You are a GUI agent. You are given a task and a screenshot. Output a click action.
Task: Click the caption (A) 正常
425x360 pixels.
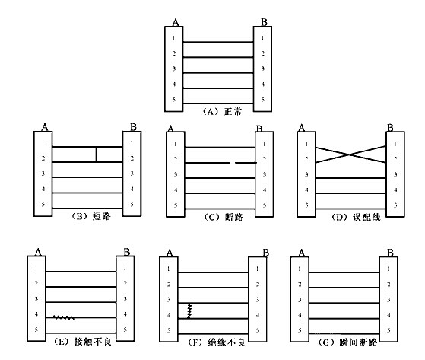222,111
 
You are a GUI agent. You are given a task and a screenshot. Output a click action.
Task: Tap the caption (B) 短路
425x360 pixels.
91,216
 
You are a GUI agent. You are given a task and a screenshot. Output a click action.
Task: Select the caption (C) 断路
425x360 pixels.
224,217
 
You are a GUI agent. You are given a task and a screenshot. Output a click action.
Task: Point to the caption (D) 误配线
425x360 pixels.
356,217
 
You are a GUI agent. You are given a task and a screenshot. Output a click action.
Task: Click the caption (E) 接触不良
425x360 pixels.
81,342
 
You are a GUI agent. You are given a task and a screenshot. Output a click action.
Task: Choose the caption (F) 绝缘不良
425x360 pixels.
217,342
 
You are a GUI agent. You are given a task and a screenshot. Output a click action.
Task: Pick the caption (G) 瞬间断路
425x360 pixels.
347,342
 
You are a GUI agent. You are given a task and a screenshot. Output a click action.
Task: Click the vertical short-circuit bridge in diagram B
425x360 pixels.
96,155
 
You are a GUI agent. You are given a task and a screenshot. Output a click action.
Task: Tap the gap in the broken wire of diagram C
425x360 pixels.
233,163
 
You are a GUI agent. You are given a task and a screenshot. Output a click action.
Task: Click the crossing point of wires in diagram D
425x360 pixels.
350,155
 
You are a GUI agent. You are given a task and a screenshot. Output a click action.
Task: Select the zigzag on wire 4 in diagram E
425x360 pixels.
63,317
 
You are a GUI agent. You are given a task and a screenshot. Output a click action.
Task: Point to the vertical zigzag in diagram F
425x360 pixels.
189,311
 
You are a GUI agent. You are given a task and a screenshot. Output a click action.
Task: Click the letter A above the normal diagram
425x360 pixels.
176,22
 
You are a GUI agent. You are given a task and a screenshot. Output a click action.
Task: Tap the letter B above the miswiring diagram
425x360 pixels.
390,128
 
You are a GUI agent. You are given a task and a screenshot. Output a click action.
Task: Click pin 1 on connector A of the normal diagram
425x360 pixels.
174,38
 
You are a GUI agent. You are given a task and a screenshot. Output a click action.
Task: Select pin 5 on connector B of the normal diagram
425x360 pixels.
262,100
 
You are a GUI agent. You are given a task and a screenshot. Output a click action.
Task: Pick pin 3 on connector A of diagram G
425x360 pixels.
300,300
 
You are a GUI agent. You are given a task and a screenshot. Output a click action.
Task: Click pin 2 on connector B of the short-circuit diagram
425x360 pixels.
132,158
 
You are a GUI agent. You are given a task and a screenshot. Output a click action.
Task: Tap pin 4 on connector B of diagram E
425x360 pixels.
125,314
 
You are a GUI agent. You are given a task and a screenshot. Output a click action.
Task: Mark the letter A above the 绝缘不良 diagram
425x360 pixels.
170,253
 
